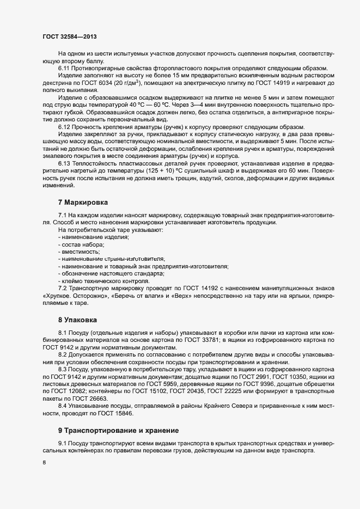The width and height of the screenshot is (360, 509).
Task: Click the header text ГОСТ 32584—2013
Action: pyautogui.click(x=69, y=36)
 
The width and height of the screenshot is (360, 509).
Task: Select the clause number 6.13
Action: pyautogui.click(x=64, y=163)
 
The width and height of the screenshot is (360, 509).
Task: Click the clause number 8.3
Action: pyautogui.click(x=63, y=369)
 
